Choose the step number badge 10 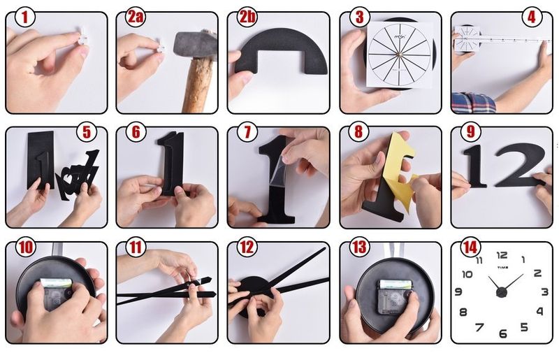click(x=24, y=247)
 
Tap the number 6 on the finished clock click(x=502, y=333)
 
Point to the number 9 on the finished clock click(x=458, y=292)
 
